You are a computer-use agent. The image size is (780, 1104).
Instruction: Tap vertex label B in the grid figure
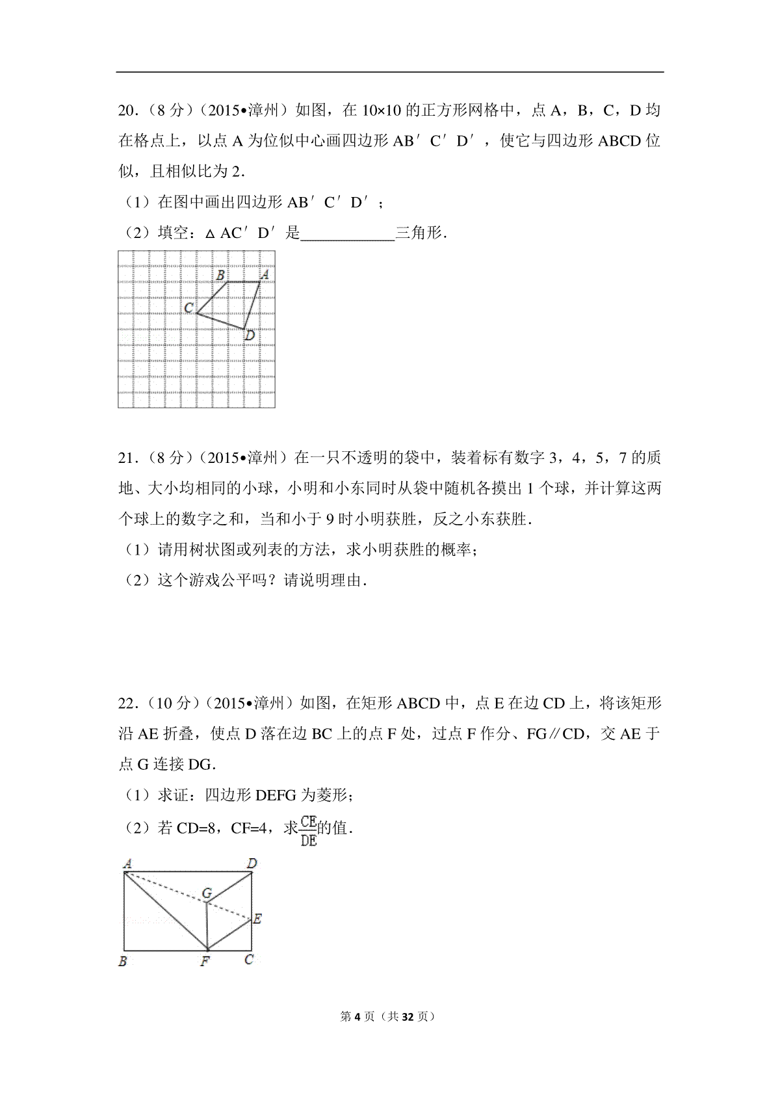click(x=220, y=275)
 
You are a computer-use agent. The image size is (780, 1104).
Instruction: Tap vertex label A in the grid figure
click(x=264, y=275)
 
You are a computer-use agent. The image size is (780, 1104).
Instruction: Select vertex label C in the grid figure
click(x=188, y=308)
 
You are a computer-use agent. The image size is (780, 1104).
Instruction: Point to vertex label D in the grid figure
click(x=249, y=336)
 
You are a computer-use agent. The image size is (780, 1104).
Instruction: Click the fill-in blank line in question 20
click(x=348, y=234)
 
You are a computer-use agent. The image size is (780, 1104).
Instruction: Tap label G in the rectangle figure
click(x=207, y=893)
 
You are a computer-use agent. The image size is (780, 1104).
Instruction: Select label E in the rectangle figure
click(x=257, y=919)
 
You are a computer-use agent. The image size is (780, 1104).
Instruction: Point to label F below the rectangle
click(x=205, y=961)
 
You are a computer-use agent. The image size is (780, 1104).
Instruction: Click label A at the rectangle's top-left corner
click(x=127, y=864)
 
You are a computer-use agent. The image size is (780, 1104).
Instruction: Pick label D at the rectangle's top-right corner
click(x=252, y=863)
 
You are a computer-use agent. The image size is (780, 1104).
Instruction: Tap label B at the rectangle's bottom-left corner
click(x=123, y=961)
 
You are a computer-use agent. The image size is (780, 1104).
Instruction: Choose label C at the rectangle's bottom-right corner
click(x=249, y=960)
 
